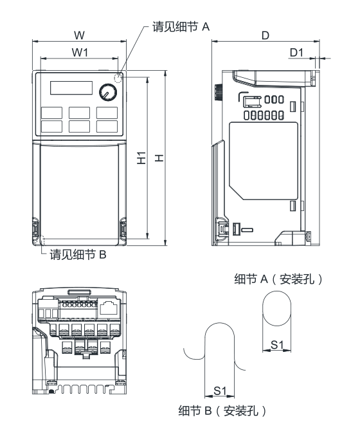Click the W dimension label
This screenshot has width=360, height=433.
pos(78,32)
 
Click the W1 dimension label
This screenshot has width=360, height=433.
pos(79,51)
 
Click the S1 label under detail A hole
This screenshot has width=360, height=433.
pos(277,344)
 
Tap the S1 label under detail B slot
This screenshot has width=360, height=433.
pos(220,390)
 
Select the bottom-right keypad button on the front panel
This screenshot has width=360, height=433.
pos(107,127)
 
